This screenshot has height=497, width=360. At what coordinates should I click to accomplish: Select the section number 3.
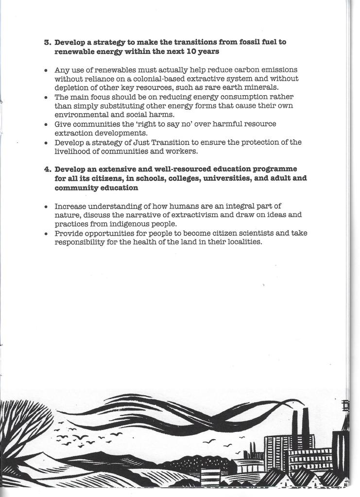[x=47, y=42]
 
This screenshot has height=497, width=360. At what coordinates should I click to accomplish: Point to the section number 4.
[x=47, y=169]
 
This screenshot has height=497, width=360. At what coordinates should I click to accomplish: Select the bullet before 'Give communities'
[x=45, y=124]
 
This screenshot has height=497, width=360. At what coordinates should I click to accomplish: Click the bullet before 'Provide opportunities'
[x=45, y=233]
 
